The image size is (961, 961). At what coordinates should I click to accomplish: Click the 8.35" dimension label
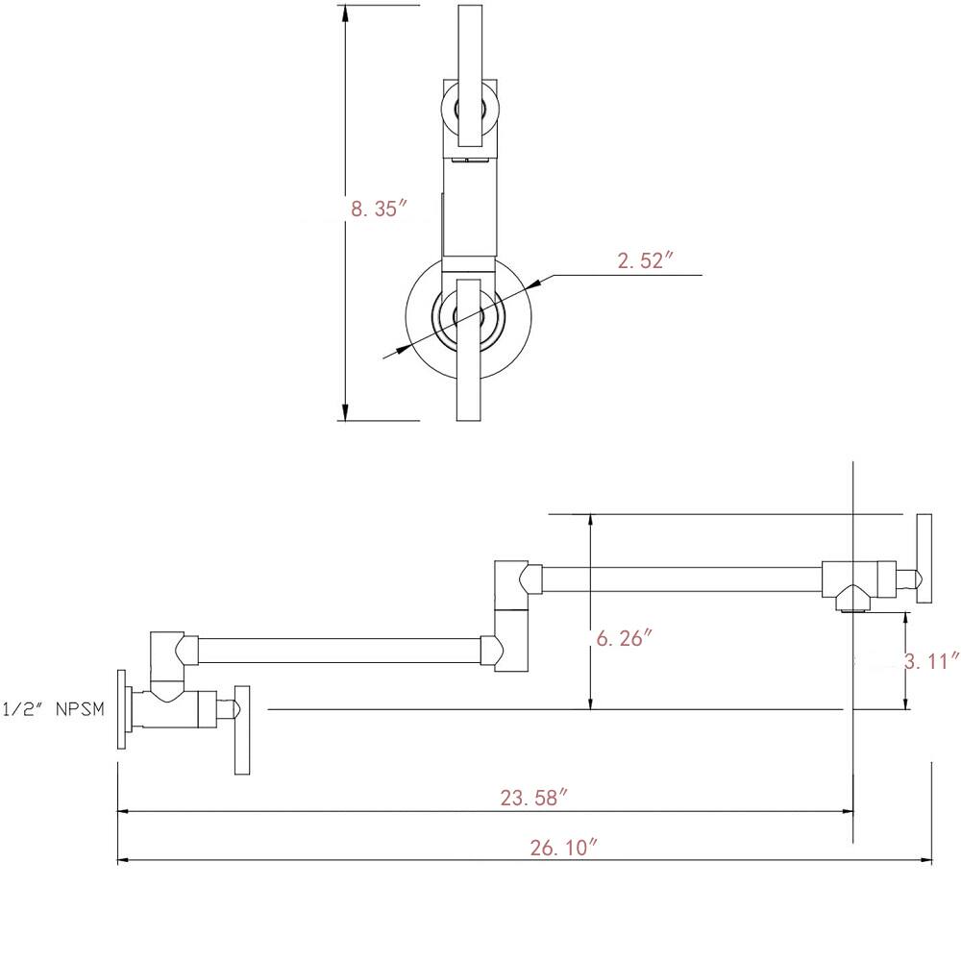[x=379, y=209]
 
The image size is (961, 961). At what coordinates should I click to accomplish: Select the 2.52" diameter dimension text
[x=646, y=260]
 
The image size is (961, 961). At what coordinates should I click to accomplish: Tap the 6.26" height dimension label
[x=625, y=638]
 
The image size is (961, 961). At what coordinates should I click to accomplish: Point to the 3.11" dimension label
[x=932, y=661]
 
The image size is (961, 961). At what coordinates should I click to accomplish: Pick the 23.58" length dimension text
[x=534, y=798]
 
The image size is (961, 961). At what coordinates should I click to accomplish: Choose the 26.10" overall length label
[x=563, y=848]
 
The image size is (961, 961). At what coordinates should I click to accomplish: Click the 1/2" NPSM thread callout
[x=53, y=709]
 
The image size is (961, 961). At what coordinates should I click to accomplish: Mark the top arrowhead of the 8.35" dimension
[x=346, y=13]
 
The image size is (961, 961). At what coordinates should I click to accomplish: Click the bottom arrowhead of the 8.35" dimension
[x=346, y=412]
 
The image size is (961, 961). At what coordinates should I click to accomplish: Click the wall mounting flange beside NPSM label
[x=123, y=708]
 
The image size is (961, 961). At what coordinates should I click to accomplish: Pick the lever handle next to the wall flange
[x=242, y=730]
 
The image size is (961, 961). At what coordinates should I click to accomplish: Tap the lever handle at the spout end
[x=924, y=558]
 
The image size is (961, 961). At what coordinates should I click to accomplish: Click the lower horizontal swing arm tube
[x=339, y=651]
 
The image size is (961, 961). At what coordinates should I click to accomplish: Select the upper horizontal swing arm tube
[x=682, y=579]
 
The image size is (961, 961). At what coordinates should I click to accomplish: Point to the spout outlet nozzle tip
[x=852, y=609]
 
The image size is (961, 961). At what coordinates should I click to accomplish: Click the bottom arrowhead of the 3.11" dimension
[x=905, y=702]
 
